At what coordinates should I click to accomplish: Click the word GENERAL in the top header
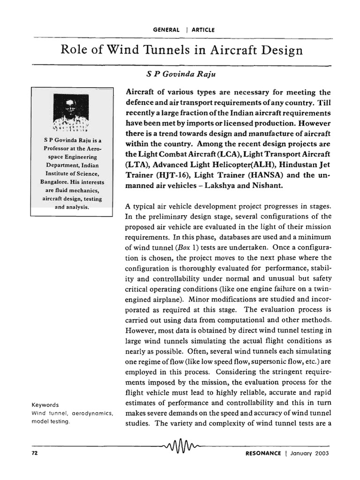[166, 30]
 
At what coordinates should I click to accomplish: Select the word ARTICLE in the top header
[203, 30]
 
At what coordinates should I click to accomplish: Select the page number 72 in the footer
[35, 453]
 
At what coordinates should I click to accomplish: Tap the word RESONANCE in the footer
[263, 453]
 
